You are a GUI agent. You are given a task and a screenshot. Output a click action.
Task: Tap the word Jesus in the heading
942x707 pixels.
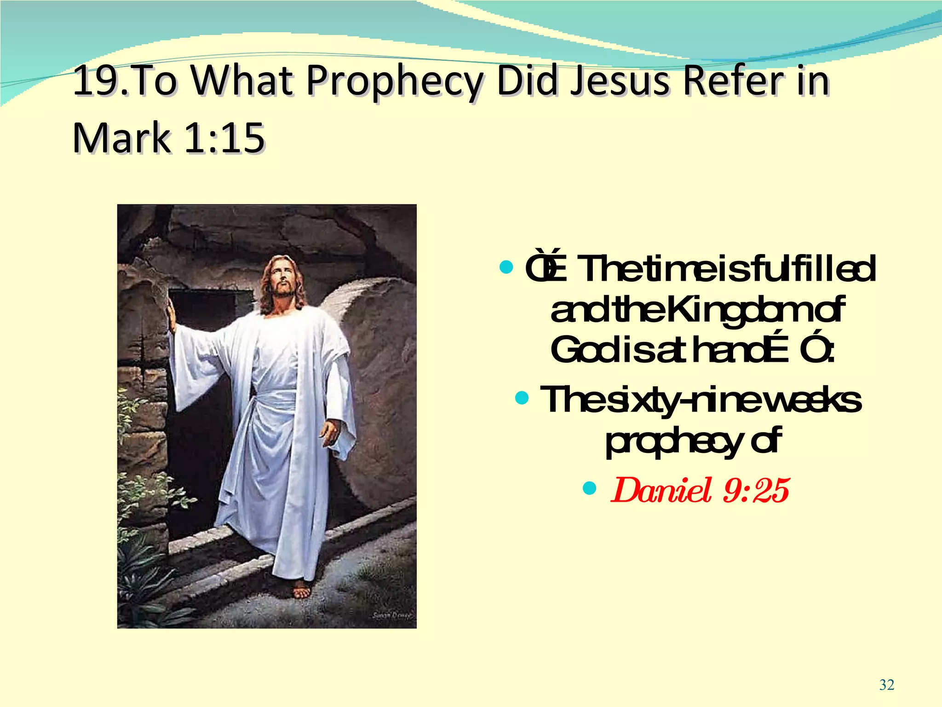pos(619,81)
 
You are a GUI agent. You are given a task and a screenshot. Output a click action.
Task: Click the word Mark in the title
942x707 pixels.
pos(122,138)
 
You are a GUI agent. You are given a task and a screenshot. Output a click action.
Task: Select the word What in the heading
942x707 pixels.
pos(242,81)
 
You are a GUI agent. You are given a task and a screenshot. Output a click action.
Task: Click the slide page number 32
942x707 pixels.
pos(886,685)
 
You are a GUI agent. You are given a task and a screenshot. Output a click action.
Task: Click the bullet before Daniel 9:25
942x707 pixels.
pos(589,487)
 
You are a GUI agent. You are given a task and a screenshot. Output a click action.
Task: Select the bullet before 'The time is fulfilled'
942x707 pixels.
pos(506,267)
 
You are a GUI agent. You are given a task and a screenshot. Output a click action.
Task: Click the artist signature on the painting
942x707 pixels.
pos(392,615)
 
